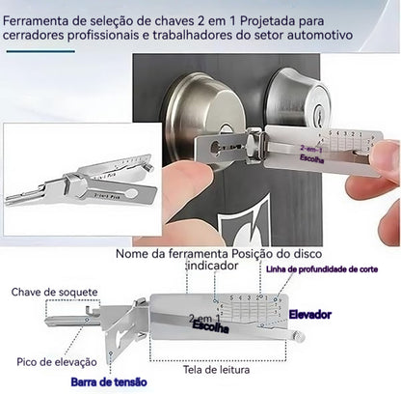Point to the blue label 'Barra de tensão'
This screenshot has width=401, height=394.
coord(110,380)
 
